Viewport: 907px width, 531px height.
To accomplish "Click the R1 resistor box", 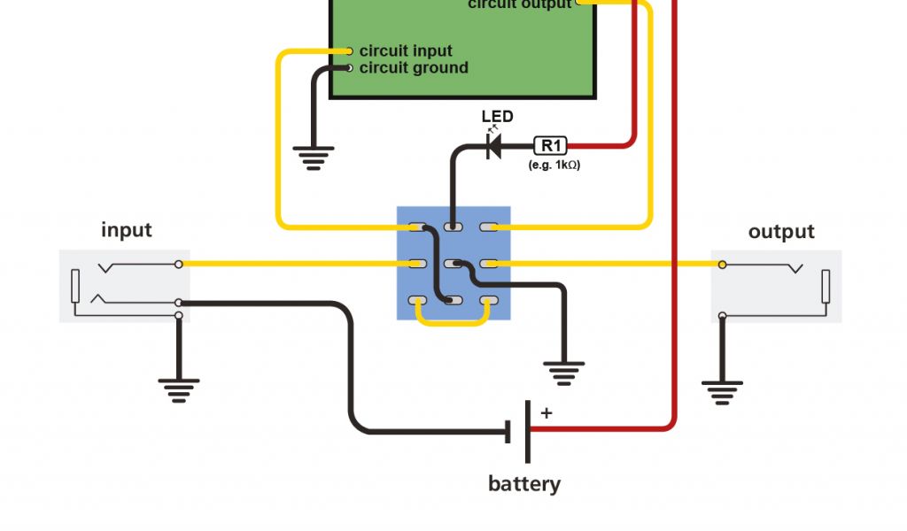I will (x=550, y=145).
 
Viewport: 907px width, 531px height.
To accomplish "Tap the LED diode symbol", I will (x=494, y=145).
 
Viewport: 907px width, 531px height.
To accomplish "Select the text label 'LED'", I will (x=497, y=117).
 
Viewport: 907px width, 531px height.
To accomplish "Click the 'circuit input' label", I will (x=406, y=51).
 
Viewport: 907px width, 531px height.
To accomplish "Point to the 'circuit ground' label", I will (x=414, y=68).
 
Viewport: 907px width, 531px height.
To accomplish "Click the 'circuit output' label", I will (x=520, y=4).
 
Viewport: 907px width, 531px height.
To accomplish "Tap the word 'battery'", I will (x=524, y=484).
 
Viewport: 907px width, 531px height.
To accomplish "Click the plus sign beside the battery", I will (x=546, y=412).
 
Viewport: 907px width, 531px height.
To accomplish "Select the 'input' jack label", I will (x=127, y=230).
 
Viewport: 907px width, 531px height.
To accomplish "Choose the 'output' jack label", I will (x=780, y=232).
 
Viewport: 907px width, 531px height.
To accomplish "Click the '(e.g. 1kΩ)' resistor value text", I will (x=554, y=165).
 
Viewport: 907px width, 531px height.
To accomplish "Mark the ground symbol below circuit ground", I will (x=314, y=158).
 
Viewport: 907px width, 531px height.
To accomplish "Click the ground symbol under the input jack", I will (x=179, y=389).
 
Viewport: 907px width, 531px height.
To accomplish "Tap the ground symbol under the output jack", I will (x=723, y=390).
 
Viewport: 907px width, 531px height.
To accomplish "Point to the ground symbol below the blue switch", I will (x=564, y=372).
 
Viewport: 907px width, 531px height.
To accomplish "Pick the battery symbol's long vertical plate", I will (x=528, y=432).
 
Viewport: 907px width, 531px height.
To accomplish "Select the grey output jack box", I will (x=776, y=286).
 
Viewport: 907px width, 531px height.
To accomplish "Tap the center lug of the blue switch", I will (x=453, y=264).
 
